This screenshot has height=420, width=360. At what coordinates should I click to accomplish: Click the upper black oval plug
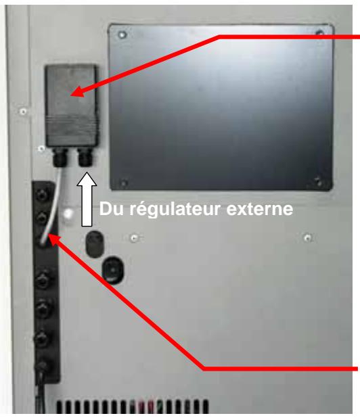point(93,244)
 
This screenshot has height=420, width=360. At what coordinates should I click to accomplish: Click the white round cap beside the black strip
point(68,215)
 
